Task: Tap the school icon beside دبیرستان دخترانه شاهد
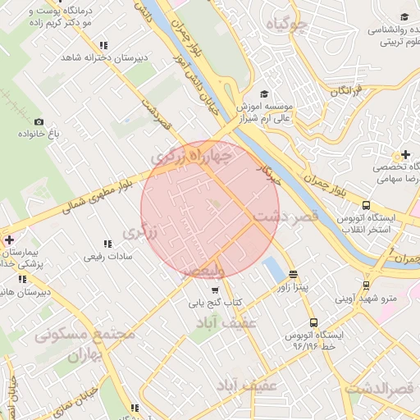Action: tap(102, 46)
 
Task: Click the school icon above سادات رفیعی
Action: tap(107, 244)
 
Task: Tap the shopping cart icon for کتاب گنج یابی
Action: tap(215, 290)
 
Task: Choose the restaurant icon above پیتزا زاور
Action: tap(293, 275)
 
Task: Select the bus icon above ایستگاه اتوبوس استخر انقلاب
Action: tap(366, 206)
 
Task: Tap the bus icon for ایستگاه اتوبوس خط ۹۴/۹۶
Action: tap(313, 323)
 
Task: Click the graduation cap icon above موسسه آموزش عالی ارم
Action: tap(264, 94)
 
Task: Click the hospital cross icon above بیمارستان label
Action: tap(8, 240)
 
